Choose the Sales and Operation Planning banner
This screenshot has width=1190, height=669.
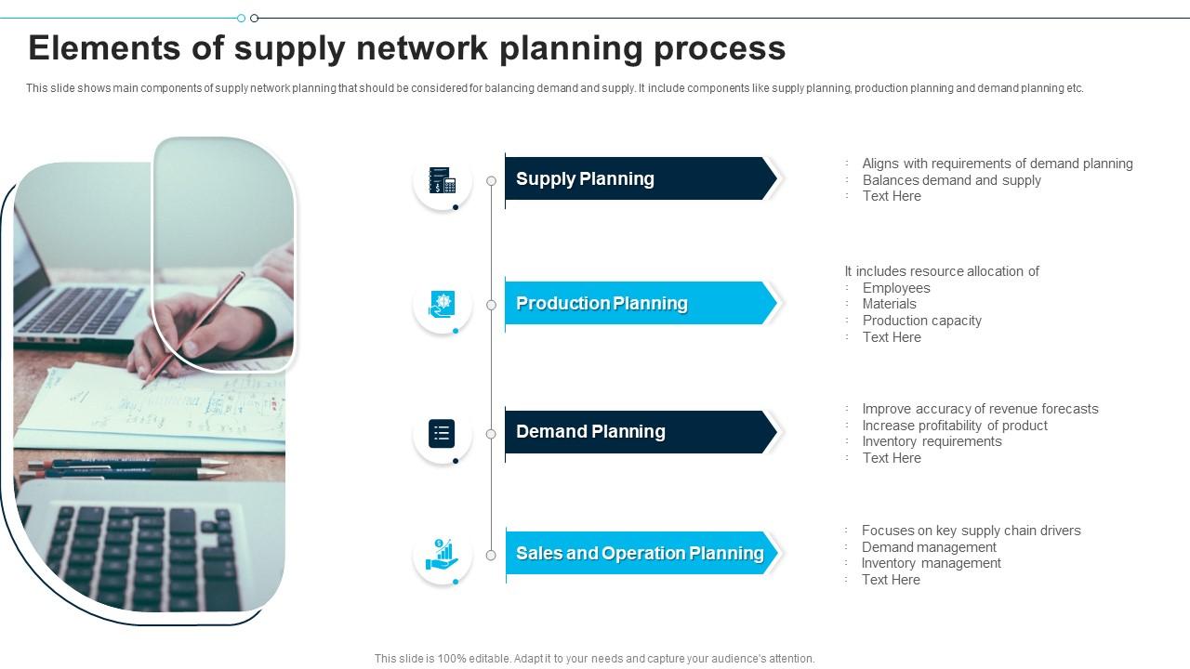pos(641,553)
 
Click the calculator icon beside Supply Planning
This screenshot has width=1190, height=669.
pos(443,180)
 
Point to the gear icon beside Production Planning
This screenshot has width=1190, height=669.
pos(443,304)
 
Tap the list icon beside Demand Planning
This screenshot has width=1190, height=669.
pos(443,433)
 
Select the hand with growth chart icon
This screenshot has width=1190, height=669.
pos(443,555)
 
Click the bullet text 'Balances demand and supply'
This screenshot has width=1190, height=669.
pos(951,180)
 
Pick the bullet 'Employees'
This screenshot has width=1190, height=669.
pos(896,288)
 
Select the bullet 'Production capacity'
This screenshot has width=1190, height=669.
pos(921,321)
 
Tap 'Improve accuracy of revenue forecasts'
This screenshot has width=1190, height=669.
pos(980,409)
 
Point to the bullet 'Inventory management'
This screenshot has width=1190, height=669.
pos(931,563)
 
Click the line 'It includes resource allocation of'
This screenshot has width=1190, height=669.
pos(942,271)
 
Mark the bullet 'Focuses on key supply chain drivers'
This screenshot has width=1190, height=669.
pos(971,531)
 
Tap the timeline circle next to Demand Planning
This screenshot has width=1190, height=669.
pos(491,433)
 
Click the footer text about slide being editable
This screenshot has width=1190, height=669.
pos(594,659)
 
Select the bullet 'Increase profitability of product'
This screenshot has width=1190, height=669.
pos(955,426)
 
